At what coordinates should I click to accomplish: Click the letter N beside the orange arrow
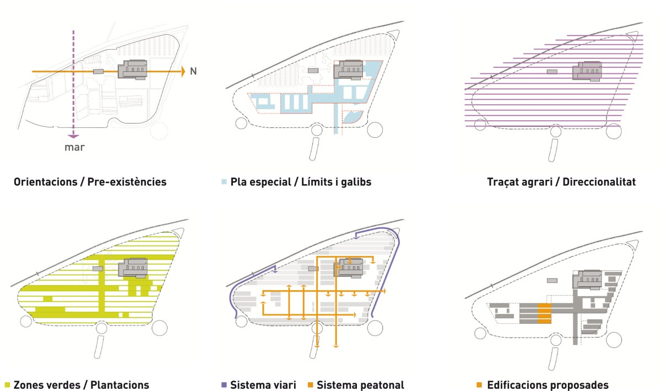pyautogui.click(x=193, y=72)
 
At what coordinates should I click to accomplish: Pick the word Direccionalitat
pyautogui.click(x=598, y=181)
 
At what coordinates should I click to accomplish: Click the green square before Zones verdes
pyautogui.click(x=8, y=384)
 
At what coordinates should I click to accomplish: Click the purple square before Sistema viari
pyautogui.click(x=223, y=384)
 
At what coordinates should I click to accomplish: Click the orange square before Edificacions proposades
pyautogui.click(x=480, y=384)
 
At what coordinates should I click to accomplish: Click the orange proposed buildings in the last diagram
pyautogui.click(x=544, y=314)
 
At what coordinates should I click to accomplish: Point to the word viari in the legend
pyautogui.click(x=284, y=384)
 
